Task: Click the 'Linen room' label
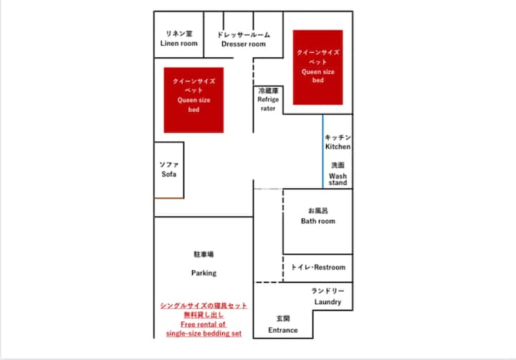tap(178, 43)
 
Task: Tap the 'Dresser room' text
tap(244, 44)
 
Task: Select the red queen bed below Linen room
tap(193, 100)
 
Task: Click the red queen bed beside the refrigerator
tap(318, 67)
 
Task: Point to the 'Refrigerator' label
tap(268, 104)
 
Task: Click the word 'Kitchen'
tap(338, 146)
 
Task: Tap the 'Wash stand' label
tap(338, 179)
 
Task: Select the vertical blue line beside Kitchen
tap(322, 151)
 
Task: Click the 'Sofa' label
tap(169, 174)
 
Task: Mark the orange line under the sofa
tap(169, 198)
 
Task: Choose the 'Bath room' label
tap(318, 221)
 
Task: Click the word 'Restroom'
tap(330, 267)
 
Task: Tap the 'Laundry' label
tap(328, 302)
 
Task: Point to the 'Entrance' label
tap(283, 330)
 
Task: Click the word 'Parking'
tap(204, 273)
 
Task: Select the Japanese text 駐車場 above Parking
tap(204, 255)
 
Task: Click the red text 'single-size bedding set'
tap(204, 333)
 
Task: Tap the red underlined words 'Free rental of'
tap(204, 324)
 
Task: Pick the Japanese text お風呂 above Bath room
tap(318, 210)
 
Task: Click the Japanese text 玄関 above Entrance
tap(283, 318)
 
